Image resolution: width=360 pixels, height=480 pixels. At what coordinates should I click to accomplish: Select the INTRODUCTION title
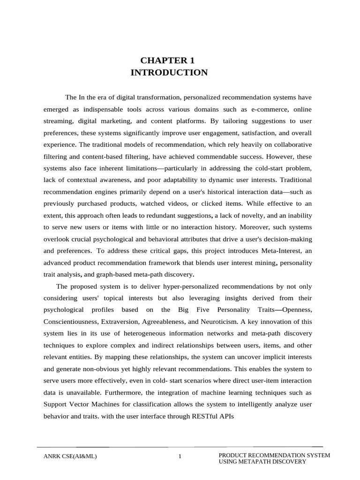[x=169, y=72]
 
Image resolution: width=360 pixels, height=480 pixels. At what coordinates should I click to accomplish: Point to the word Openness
[x=296, y=310]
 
